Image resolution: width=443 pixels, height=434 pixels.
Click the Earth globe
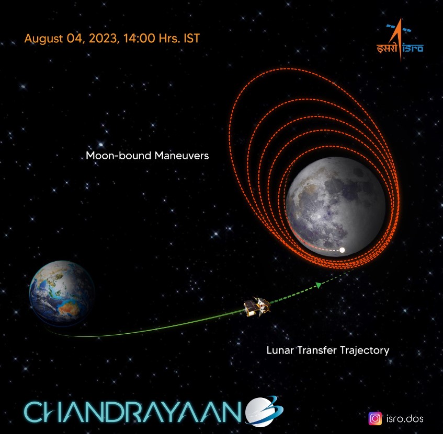pos(62,292)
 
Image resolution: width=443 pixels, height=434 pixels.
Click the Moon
pos(336,206)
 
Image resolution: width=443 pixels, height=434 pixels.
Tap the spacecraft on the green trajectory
pos(257,306)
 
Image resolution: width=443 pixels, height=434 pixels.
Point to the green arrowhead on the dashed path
pos(319,285)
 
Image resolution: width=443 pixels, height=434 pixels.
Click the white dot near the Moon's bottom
pos(342,250)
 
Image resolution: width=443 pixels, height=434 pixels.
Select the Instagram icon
pos(375,418)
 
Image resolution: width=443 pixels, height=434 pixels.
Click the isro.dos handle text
pos(405,418)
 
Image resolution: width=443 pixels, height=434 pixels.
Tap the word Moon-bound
pos(119,156)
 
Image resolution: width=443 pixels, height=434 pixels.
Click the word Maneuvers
pos(181,156)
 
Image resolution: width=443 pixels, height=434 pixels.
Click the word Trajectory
pos(365,351)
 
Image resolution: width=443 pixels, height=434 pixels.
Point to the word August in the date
pos(43,39)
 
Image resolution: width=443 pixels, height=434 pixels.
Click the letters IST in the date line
pos(191,38)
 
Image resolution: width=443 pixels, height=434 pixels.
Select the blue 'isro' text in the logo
pos(413,49)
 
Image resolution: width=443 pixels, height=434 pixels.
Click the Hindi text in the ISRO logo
pos(387,48)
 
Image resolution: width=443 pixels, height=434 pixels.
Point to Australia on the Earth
pos(69,308)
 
